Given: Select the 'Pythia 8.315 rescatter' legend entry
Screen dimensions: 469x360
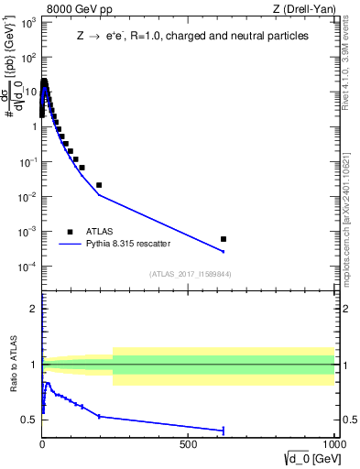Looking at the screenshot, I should pyautogui.click(x=127, y=245).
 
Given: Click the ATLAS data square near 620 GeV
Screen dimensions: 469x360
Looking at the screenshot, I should pyautogui.click(x=223, y=239).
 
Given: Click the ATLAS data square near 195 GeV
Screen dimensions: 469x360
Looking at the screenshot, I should pyautogui.click(x=99, y=185).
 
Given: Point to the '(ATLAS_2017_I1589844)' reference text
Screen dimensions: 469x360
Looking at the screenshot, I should pyautogui.click(x=191, y=274).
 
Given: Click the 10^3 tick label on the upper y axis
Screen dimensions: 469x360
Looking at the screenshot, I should pyautogui.click(x=27, y=22).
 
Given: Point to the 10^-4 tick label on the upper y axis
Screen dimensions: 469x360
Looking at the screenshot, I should pyautogui.click(x=27, y=267).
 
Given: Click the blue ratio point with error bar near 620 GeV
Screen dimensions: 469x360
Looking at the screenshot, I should pyautogui.click(x=223, y=431).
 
